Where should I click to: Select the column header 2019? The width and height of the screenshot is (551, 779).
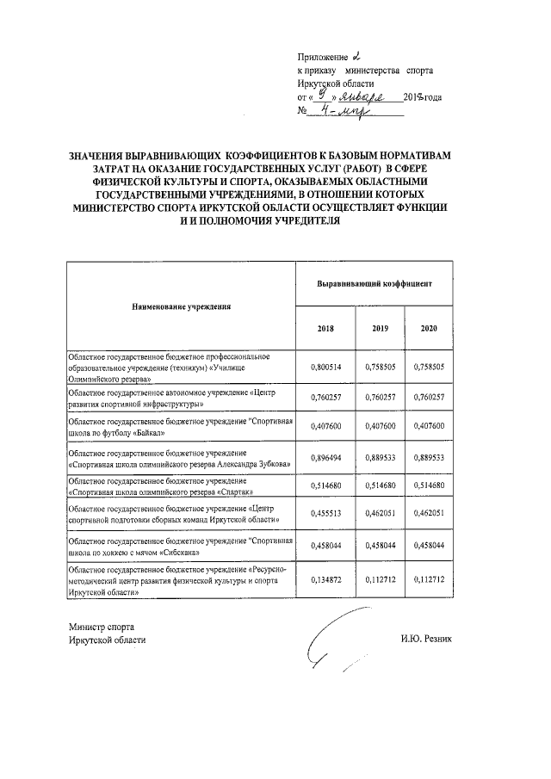(x=380, y=329)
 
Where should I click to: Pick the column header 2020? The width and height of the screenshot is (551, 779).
(x=430, y=329)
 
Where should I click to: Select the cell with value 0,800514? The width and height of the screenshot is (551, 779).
(x=326, y=366)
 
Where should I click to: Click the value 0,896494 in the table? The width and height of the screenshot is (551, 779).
(x=326, y=458)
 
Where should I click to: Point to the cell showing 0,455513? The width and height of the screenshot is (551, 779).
(x=326, y=516)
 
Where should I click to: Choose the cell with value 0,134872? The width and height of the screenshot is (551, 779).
(x=326, y=579)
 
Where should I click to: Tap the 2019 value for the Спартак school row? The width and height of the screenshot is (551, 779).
(x=380, y=486)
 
